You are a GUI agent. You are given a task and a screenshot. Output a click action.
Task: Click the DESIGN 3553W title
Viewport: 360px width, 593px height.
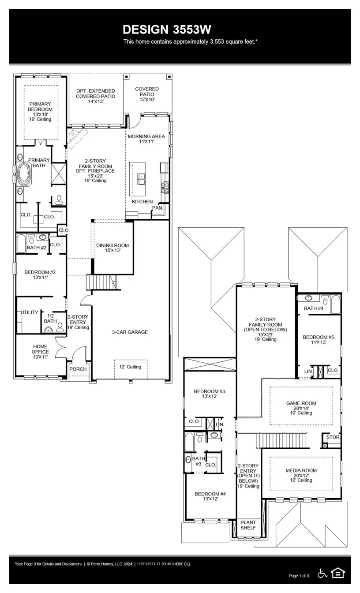(x=167, y=30)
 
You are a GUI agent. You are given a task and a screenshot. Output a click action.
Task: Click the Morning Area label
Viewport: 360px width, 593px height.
(x=146, y=137)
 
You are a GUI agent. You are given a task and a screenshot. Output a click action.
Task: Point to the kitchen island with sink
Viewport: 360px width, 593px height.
(x=138, y=179)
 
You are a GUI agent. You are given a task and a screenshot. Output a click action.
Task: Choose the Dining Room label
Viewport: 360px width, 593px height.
(x=112, y=248)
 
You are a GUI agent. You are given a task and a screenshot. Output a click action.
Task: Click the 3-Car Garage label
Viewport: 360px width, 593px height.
(x=130, y=332)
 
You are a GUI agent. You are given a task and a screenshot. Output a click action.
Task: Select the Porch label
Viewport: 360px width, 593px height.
(x=78, y=369)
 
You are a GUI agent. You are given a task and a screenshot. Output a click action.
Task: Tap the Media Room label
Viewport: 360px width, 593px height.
(x=301, y=475)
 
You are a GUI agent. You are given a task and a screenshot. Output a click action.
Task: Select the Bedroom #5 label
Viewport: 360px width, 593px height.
(x=318, y=340)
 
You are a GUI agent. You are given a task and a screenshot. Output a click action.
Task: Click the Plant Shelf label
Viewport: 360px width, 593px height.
(x=248, y=525)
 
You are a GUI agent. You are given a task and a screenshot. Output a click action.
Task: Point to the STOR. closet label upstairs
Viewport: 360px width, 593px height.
(x=333, y=437)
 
